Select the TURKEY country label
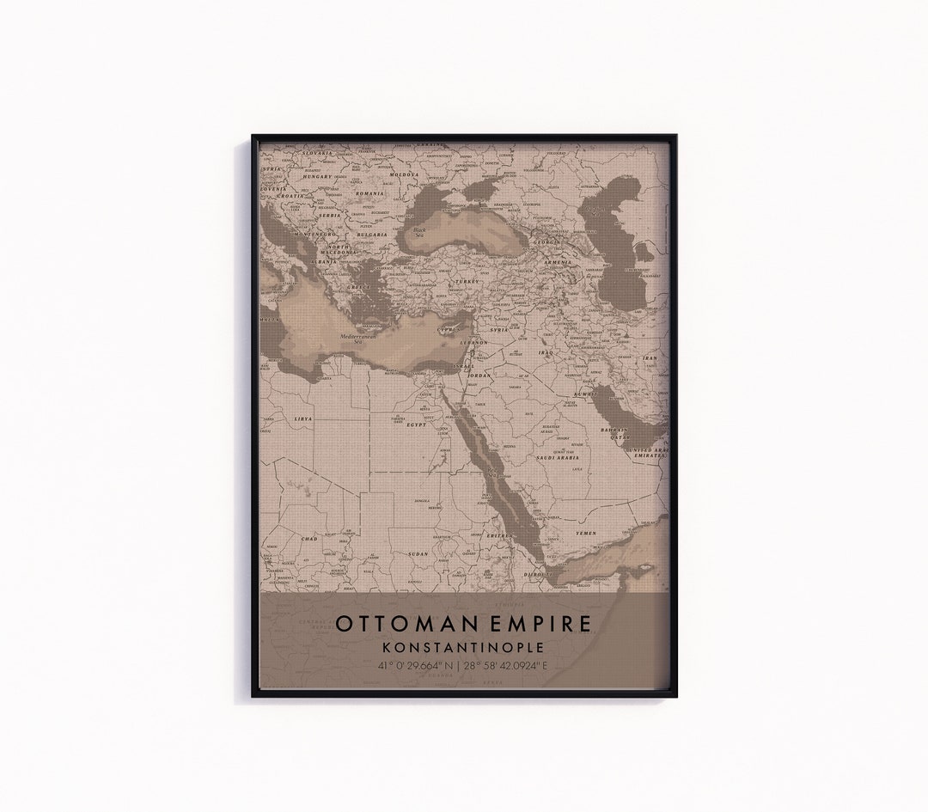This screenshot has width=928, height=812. (467, 281)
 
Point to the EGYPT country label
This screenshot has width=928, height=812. (417, 424)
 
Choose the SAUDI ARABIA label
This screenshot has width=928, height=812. (559, 458)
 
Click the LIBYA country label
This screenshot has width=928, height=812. (303, 418)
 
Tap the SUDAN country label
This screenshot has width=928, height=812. (418, 554)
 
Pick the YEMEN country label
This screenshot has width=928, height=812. (585, 533)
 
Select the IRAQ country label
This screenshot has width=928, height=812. (546, 352)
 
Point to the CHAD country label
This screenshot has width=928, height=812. (308, 539)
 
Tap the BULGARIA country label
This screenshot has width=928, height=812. (372, 234)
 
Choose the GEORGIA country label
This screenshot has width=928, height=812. (546, 242)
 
